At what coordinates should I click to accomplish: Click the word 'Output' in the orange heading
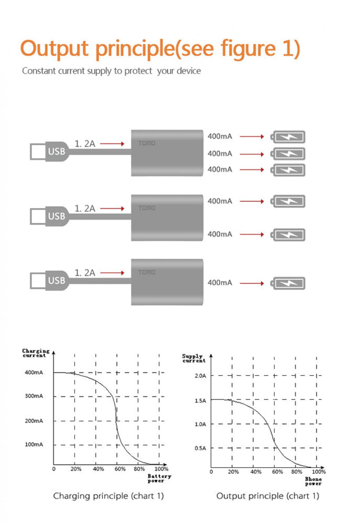click(55, 48)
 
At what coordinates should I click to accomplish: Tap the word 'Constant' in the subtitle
click(39, 71)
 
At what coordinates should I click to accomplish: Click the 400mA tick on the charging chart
click(34, 372)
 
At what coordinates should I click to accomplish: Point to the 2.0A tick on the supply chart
click(200, 376)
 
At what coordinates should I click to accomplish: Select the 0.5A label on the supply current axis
click(200, 448)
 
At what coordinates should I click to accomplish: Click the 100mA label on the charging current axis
click(34, 444)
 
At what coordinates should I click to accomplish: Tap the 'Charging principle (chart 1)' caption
click(108, 496)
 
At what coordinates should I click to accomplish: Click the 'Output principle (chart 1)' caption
click(268, 496)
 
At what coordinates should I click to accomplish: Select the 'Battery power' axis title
click(159, 478)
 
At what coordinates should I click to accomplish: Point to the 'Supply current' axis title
click(193, 358)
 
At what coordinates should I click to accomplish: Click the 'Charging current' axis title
click(35, 353)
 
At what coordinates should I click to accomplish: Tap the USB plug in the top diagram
click(49, 151)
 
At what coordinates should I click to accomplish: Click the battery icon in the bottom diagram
click(288, 283)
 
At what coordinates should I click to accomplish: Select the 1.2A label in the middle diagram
click(85, 209)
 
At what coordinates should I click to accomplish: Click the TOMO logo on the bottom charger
click(147, 272)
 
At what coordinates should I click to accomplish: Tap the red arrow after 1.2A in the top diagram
click(112, 144)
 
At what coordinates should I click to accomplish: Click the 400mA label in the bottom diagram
click(220, 283)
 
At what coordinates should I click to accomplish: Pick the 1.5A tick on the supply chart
click(200, 401)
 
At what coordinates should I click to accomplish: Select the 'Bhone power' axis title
click(313, 481)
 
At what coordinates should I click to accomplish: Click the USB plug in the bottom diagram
click(49, 281)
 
